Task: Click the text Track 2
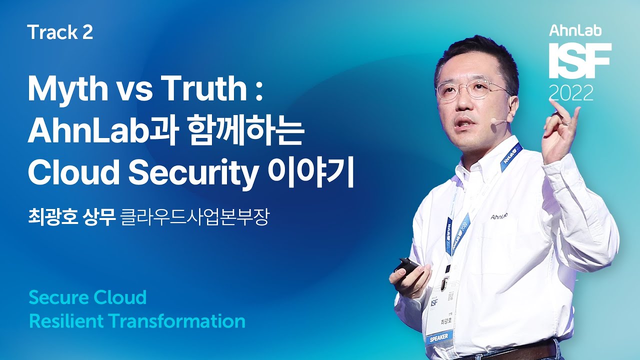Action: (60, 32)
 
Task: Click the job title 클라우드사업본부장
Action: (195, 219)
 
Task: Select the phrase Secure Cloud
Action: (87, 297)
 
